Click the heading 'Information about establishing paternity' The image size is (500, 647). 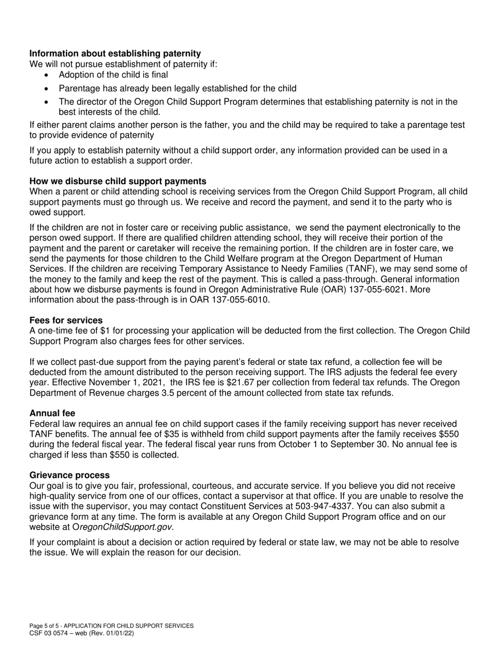point(115,54)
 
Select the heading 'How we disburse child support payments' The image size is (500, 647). point(118,181)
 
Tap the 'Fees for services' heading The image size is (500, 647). point(66,320)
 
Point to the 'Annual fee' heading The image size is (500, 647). point(52,413)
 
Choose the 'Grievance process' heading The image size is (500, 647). point(69,475)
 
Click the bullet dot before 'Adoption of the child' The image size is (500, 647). point(47,75)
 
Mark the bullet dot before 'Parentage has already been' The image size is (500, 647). point(47,88)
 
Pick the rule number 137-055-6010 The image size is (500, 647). point(238,300)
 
